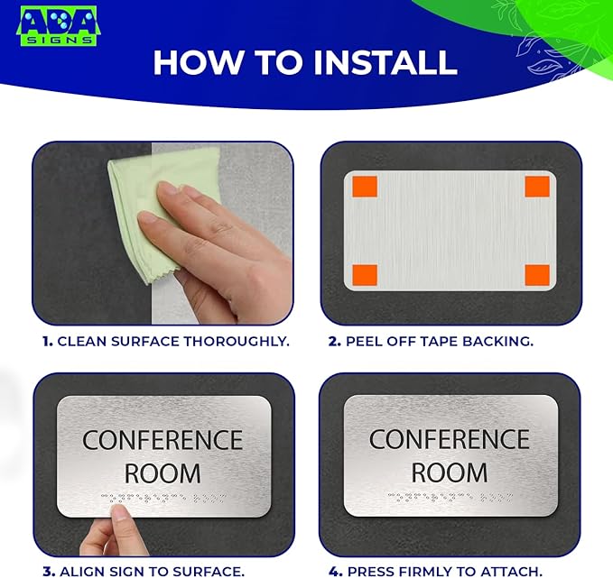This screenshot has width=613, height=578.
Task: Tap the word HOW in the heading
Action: click(193, 62)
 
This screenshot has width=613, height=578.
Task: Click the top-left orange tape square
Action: click(364, 187)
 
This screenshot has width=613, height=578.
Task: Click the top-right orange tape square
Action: click(537, 187)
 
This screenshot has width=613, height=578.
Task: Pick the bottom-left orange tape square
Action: click(364, 274)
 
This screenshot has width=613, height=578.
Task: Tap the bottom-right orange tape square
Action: click(537, 274)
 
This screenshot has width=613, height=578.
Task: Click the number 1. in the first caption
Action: click(47, 342)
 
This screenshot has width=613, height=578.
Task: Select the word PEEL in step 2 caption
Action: click(365, 342)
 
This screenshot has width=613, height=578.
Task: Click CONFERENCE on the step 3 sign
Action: click(163, 440)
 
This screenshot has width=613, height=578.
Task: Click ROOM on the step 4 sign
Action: click(450, 472)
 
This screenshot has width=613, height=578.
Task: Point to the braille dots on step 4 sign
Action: click(450, 497)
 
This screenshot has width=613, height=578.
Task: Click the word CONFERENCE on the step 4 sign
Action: click(450, 439)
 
